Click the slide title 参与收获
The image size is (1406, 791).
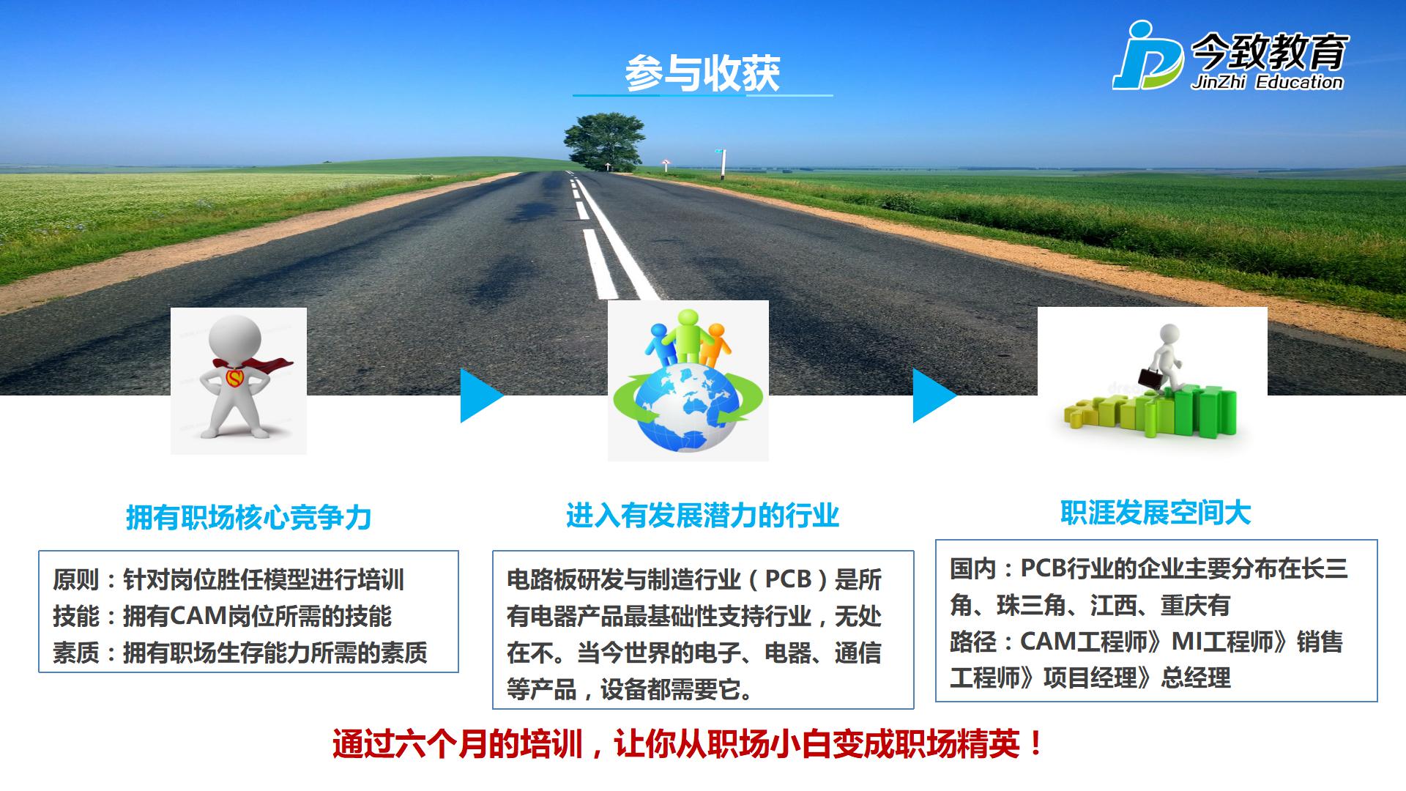702,73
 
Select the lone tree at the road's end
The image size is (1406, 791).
604,141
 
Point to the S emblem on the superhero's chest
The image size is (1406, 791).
235,378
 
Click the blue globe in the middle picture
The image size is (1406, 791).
688,406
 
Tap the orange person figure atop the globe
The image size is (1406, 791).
715,345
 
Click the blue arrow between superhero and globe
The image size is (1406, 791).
481,395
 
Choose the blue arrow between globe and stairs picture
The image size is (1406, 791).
934,395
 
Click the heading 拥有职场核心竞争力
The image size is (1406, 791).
249,517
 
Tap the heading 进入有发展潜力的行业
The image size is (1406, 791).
702,516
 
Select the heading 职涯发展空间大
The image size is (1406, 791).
1156,513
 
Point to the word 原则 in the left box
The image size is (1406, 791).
75,580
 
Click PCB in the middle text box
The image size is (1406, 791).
788,579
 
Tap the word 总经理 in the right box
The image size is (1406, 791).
1196,678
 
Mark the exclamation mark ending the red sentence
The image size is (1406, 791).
1035,745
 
